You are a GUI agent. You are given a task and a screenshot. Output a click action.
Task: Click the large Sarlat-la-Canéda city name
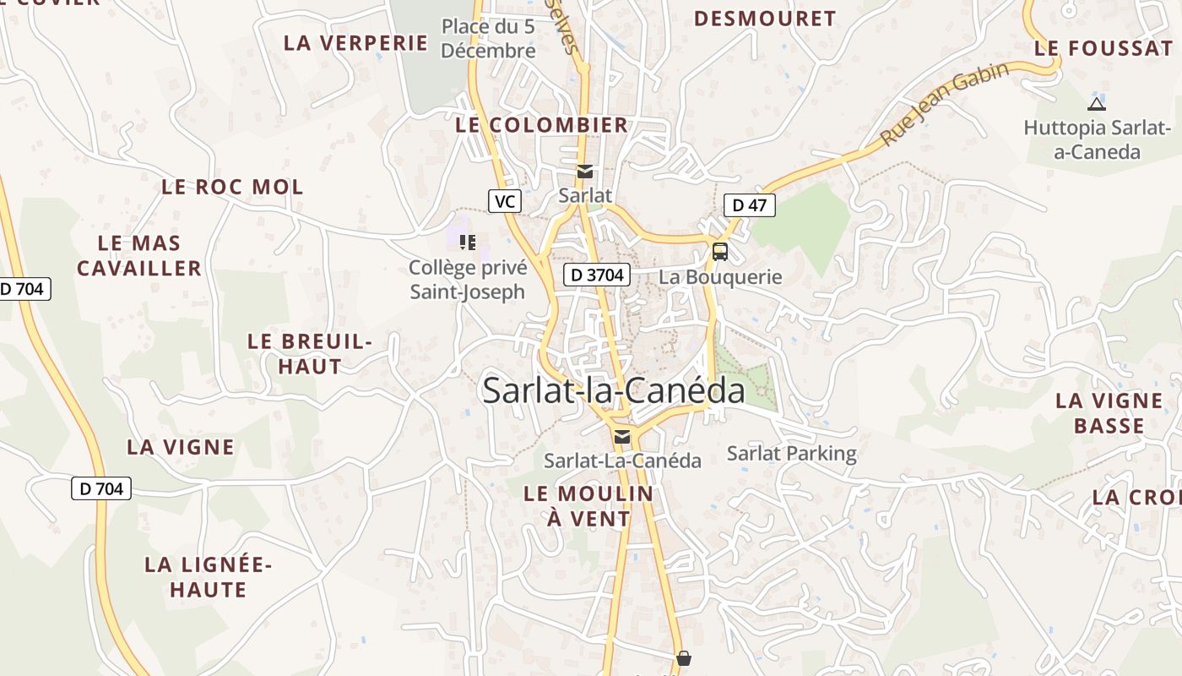(614, 391)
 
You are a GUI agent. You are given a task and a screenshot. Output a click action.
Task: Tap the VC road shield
(504, 201)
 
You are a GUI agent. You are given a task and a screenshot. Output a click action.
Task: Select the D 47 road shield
(749, 204)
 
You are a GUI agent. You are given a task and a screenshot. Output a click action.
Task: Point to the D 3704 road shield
(597, 274)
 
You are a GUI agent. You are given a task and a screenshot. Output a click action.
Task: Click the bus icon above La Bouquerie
(720, 251)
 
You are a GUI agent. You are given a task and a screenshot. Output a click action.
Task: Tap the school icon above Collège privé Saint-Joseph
(467, 243)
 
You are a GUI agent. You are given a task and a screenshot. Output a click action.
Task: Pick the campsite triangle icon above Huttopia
(1097, 104)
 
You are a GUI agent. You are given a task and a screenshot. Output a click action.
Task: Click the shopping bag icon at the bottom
(684, 657)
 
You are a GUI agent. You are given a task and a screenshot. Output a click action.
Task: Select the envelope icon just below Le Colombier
(584, 172)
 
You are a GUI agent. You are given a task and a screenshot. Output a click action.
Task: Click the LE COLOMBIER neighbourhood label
(542, 125)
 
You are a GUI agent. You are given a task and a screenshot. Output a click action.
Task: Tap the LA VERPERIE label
(356, 43)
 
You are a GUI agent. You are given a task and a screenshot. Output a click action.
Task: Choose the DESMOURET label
(765, 19)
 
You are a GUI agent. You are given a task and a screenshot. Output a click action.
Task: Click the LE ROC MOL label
(232, 187)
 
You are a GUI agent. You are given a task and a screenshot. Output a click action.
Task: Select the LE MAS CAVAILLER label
(139, 256)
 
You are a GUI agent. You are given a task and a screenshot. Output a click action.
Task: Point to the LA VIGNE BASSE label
(1109, 412)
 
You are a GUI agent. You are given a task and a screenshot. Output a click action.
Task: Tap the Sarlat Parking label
(792, 454)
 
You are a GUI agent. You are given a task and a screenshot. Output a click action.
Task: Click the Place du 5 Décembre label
(488, 39)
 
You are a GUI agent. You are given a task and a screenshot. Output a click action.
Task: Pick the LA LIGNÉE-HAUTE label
(208, 577)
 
